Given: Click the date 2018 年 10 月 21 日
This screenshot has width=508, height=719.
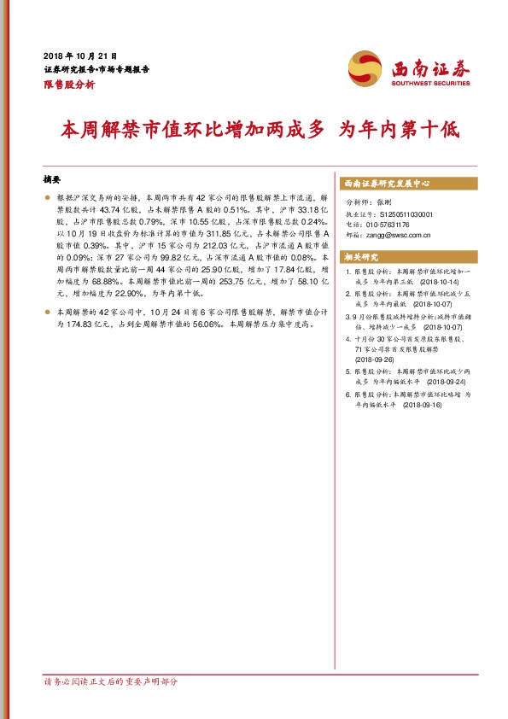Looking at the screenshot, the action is click(x=79, y=55).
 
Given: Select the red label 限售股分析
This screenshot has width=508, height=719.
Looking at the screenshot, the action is click(x=68, y=85).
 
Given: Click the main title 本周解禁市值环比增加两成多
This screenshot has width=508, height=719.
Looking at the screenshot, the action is click(x=194, y=131).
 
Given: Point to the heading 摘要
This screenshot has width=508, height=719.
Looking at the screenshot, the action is click(x=52, y=180).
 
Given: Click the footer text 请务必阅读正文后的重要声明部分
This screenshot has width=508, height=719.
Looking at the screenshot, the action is click(x=111, y=682).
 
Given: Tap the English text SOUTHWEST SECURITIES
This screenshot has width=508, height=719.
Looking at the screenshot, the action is click(x=431, y=84).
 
